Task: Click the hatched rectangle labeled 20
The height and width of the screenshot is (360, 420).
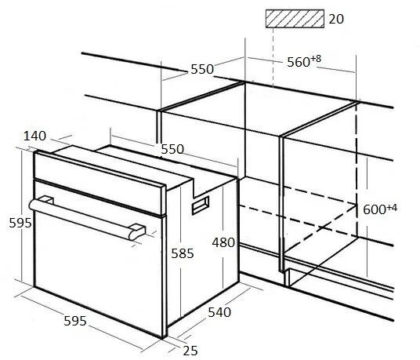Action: [x=295, y=19]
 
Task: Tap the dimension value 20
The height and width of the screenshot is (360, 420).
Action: [x=336, y=19]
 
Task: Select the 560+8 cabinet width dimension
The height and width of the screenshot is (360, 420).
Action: [x=304, y=61]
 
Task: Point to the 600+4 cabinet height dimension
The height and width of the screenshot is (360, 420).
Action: [x=380, y=209]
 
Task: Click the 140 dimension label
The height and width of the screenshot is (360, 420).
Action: [x=34, y=136]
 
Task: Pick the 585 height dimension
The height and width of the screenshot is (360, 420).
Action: [x=183, y=253]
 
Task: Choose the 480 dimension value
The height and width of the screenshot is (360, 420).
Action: [x=223, y=242]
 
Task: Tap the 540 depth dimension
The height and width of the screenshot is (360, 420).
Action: [x=219, y=312]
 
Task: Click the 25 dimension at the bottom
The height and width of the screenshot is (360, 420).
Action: [x=190, y=351]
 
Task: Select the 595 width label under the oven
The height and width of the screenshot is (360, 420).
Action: [x=75, y=321]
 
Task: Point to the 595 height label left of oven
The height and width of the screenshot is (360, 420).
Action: [x=20, y=223]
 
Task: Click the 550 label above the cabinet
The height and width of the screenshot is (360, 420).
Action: [x=202, y=69]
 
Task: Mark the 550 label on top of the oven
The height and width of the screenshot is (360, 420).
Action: [x=172, y=149]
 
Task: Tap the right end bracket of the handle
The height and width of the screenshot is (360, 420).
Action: [x=137, y=231]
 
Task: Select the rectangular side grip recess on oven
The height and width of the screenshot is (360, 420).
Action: [x=201, y=205]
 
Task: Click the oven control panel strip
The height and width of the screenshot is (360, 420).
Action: [x=100, y=183]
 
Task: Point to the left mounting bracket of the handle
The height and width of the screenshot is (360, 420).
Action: [x=46, y=200]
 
